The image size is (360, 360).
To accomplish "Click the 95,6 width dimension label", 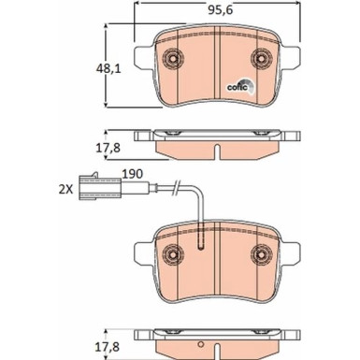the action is (221, 10).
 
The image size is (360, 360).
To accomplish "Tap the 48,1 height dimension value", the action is (108, 68).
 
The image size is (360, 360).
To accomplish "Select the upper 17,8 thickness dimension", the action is (108, 148).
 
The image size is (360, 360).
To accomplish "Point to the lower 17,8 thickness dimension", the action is (107, 347).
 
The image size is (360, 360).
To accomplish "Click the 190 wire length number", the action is (133, 174).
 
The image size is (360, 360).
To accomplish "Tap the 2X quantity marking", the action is (65, 190).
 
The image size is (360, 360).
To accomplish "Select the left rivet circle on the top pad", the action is (173, 58).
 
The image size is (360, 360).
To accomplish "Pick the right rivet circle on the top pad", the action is (262, 58).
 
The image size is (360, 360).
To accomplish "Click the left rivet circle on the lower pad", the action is (173, 254).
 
